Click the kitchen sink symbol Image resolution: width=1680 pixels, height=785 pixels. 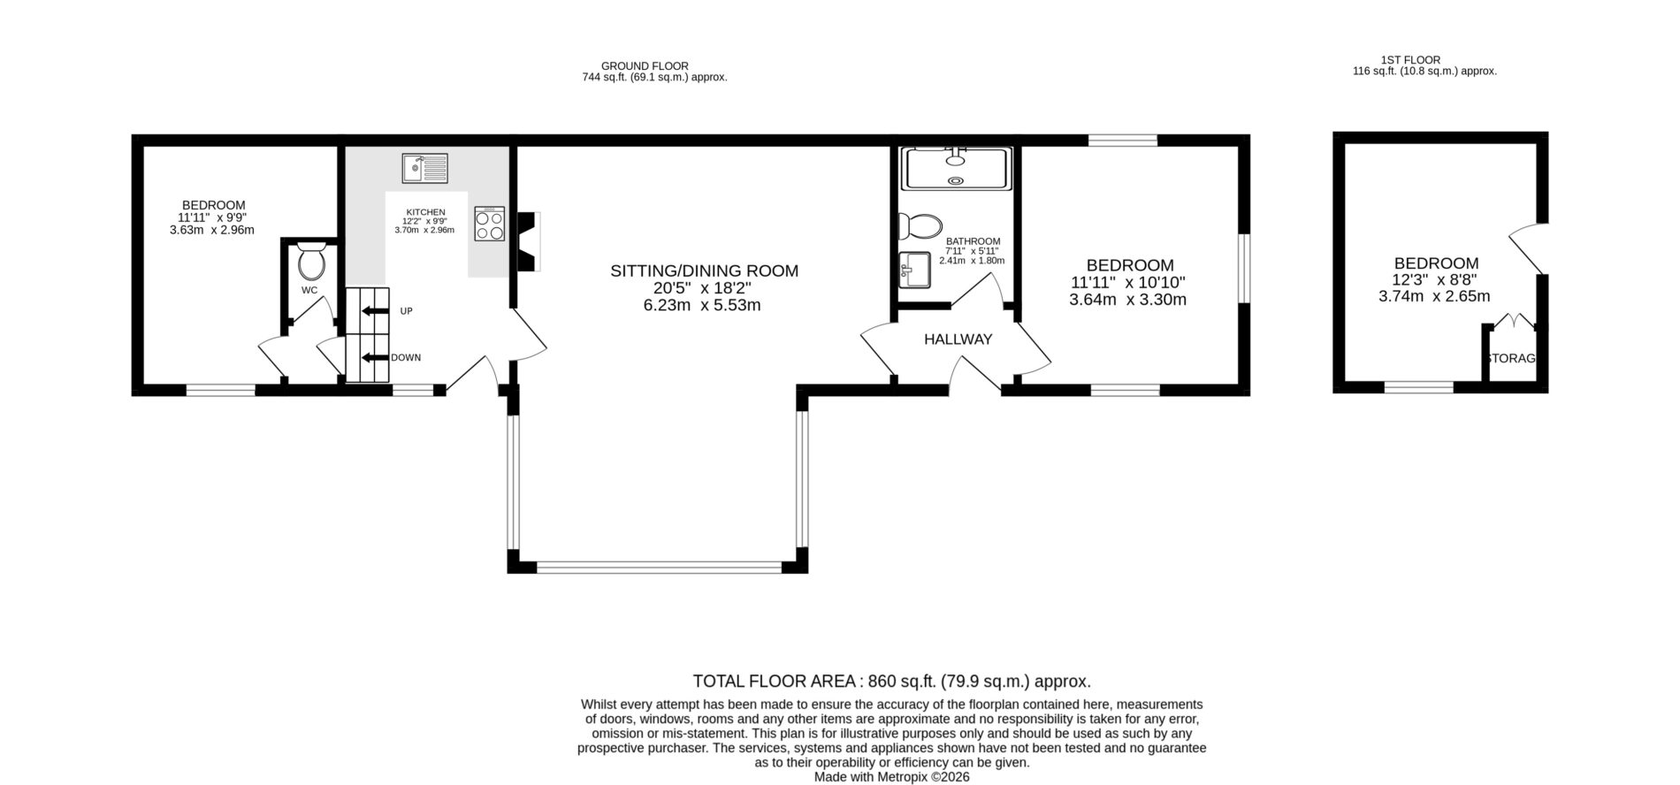tap(425, 168)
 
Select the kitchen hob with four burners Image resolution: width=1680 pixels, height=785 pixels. tap(490, 224)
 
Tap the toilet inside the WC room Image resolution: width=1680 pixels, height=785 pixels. tap(311, 261)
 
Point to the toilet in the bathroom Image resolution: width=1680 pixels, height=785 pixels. tap(920, 226)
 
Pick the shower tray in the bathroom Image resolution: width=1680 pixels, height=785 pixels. tap(955, 168)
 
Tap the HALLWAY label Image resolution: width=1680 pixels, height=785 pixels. tap(958, 339)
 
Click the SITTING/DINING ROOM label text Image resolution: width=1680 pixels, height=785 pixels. tap(704, 271)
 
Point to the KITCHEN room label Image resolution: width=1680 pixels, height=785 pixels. tap(425, 212)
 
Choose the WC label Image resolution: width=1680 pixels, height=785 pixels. tap(309, 290)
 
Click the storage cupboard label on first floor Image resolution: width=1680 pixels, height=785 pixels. tap(1513, 359)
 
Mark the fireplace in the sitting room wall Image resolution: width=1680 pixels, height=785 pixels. tap(528, 240)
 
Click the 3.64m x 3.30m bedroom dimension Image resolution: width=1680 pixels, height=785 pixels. tap(1128, 300)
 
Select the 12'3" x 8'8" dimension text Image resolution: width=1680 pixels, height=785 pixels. tap(1435, 279)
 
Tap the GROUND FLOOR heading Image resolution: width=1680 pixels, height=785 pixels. tap(645, 66)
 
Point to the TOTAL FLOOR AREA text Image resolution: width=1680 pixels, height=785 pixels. tap(775, 682)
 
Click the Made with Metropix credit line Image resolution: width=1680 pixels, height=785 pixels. tap(892, 777)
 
